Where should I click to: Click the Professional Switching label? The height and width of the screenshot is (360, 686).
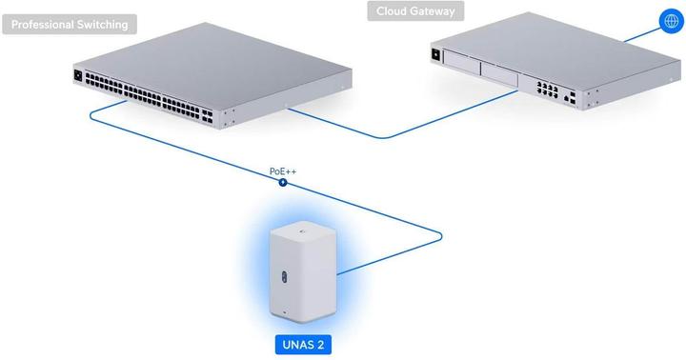click(x=69, y=23)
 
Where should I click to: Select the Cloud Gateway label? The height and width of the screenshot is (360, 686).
click(x=415, y=11)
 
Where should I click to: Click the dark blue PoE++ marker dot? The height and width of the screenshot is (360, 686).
click(x=283, y=181)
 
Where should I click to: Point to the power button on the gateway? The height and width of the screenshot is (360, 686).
click(x=438, y=54)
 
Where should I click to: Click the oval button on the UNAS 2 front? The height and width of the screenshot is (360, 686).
click(x=286, y=275)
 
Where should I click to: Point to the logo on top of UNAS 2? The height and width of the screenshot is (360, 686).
click(x=301, y=230)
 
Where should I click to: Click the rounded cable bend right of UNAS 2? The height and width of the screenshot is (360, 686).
click(x=441, y=236)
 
